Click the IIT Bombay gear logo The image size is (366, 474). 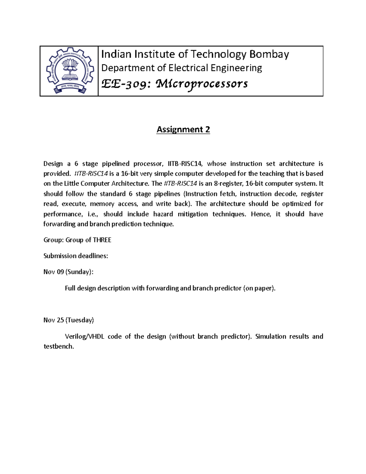point(69,71)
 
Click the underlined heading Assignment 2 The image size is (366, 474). point(183,129)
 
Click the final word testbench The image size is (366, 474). point(59,346)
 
